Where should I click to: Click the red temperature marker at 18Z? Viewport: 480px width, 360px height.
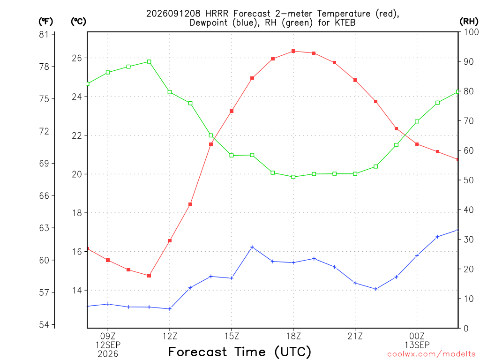293,51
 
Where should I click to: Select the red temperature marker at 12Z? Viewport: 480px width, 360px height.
170,241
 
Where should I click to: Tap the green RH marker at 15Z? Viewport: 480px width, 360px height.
232,156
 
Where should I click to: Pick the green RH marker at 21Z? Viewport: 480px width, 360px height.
355,174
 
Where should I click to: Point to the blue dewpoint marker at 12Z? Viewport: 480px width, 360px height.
170,309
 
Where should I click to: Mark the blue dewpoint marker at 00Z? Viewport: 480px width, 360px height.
417,255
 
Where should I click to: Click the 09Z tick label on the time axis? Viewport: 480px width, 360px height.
108,336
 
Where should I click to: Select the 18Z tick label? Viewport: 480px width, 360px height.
293,336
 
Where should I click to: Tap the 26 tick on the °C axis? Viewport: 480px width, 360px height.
77,58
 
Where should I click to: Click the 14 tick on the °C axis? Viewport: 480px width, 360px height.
77,290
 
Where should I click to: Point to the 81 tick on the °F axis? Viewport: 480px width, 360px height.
44,34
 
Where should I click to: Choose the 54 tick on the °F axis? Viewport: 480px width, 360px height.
44,325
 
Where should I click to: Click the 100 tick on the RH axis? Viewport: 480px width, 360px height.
472,32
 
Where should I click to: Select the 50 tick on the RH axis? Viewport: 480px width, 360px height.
468,180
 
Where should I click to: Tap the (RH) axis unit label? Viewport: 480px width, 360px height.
469,22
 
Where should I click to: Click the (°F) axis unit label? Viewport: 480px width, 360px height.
45,22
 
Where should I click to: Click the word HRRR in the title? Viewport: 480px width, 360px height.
217,14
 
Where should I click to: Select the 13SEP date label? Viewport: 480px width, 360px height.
417,345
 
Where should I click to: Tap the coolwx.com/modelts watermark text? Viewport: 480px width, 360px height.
431,354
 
